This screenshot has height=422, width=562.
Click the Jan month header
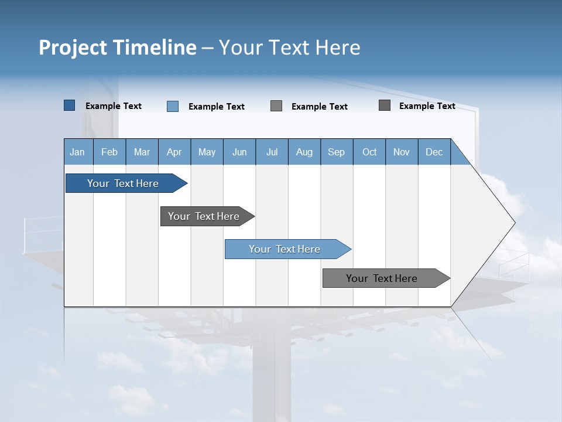click(78, 152)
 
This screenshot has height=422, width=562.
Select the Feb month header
click(109, 152)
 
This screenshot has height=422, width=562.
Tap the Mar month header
click(142, 152)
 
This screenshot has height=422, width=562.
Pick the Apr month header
click(174, 152)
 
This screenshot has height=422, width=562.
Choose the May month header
click(207, 152)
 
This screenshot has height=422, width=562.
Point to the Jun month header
click(239, 152)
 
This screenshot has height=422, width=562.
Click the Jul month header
click(272, 152)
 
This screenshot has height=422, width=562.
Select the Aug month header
click(304, 152)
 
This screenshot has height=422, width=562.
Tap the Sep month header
click(337, 152)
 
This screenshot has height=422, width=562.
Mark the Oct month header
click(369, 152)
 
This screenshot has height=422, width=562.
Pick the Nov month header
click(402, 152)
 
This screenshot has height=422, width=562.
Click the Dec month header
click(434, 152)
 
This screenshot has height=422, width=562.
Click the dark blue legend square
click(70, 105)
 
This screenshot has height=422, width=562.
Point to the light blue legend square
click(173, 106)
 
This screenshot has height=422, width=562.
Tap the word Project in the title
click(72, 47)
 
